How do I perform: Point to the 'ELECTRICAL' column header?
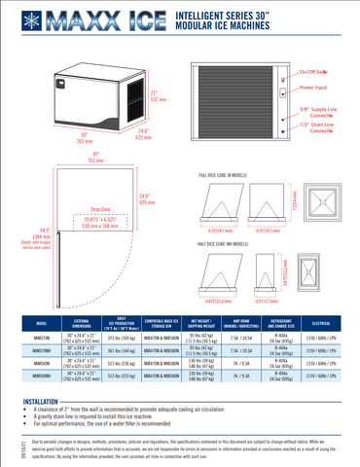point(326,323)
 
